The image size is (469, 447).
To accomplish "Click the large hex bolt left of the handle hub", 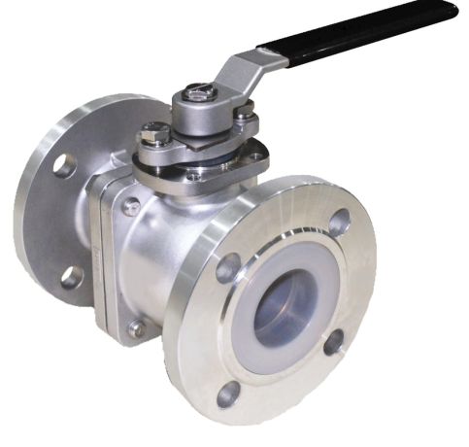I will [155, 133].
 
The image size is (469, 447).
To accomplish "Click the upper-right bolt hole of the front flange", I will [339, 223].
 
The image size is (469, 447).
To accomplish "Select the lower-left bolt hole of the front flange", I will [229, 394].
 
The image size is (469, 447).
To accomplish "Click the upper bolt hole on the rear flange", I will [64, 165].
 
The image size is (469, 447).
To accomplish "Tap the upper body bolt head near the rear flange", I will [131, 206].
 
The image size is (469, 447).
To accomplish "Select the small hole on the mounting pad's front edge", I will [195, 177].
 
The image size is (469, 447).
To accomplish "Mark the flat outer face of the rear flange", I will [39, 223].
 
